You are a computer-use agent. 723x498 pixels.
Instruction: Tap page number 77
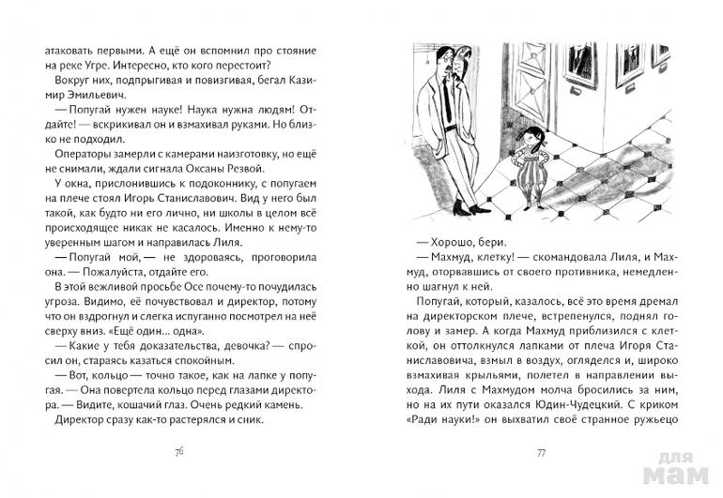pos(541,451)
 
